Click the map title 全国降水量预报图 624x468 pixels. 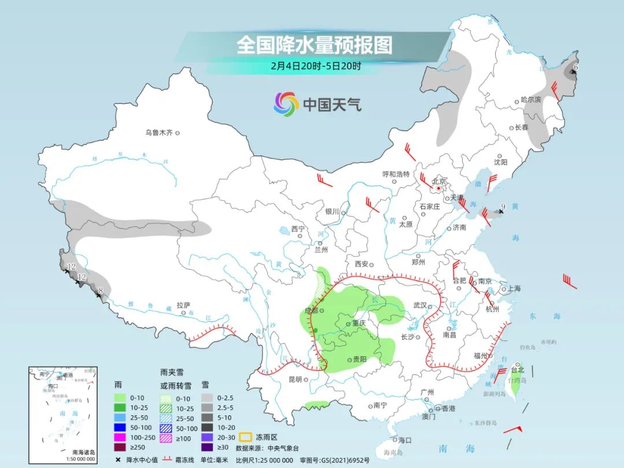(314, 45)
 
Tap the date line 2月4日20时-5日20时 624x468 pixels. (315, 66)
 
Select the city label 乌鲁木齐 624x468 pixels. (159, 133)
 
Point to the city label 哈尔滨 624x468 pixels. (530, 99)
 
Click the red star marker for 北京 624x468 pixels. (439, 188)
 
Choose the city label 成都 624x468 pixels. (311, 310)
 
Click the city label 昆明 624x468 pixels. (295, 380)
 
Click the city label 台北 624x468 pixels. (517, 370)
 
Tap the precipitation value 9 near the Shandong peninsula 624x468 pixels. (503, 207)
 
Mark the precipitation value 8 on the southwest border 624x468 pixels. (101, 291)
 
